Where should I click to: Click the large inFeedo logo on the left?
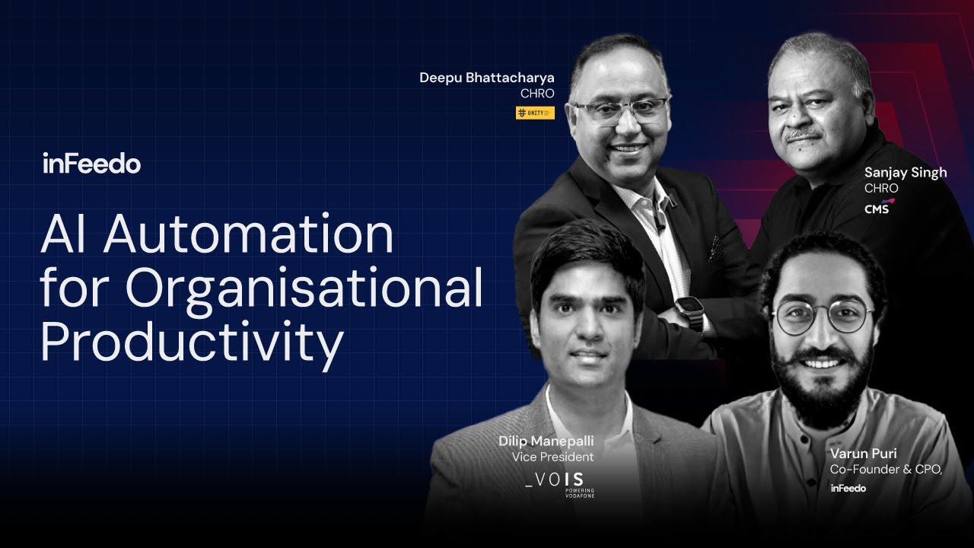point(91,164)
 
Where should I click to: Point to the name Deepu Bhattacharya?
point(487,78)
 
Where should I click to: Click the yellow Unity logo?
point(535,113)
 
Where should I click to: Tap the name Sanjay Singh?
point(906,173)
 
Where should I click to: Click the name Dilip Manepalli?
point(546,441)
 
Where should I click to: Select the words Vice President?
point(552,457)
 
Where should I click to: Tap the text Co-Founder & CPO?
point(886,470)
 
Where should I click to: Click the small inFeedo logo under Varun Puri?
point(848,489)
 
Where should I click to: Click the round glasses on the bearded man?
point(822,316)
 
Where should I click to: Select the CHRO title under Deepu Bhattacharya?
point(537,94)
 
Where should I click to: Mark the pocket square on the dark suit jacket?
point(716,248)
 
